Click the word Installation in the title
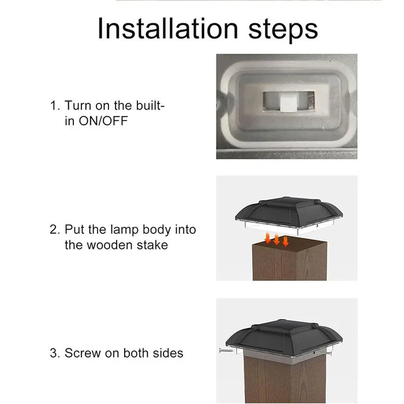coord(168,29)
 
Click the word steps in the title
coord(283,31)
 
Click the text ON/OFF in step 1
coord(103,121)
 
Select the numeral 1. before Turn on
coord(55,106)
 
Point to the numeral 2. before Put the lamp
coord(55,229)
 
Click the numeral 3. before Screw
coord(55,353)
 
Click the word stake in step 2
coord(152,245)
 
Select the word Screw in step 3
coord(83,353)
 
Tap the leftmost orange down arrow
coord(268,238)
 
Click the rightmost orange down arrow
coord(285,241)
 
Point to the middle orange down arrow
coord(276,240)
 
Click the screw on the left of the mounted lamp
coord(226,350)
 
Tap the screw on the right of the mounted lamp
coord(324,353)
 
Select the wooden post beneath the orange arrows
coord(290,259)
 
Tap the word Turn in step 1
coord(78,106)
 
